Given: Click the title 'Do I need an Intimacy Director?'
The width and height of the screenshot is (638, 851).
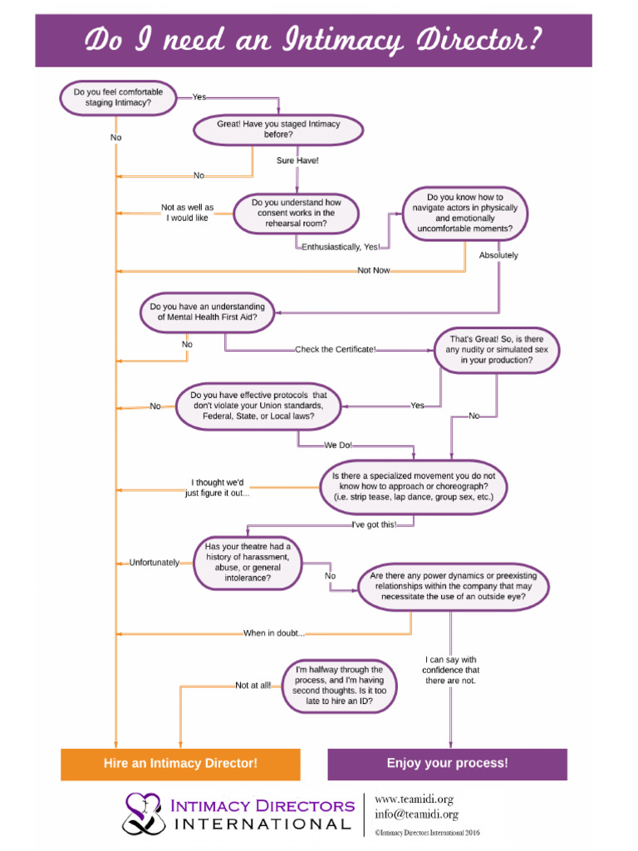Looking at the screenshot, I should pyautogui.click(x=313, y=39).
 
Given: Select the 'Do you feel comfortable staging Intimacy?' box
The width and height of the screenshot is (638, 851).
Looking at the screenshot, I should pyautogui.click(x=118, y=97).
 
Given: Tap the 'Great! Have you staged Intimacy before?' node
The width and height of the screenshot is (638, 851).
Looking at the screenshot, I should pyautogui.click(x=278, y=129).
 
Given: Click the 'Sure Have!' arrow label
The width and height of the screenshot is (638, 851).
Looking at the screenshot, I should pyautogui.click(x=297, y=160).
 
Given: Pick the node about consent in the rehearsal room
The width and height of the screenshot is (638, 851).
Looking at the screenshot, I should pyautogui.click(x=297, y=213).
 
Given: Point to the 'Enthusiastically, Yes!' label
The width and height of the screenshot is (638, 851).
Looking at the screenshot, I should pyautogui.click(x=341, y=247).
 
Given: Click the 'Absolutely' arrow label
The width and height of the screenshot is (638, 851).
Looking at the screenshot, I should pyautogui.click(x=498, y=255).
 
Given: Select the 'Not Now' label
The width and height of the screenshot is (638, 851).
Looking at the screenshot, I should pyautogui.click(x=374, y=270).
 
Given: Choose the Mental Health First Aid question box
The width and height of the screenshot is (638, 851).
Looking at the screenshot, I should pyautogui.click(x=208, y=312).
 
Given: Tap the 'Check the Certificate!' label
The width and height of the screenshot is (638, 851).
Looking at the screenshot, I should pyautogui.click(x=336, y=349).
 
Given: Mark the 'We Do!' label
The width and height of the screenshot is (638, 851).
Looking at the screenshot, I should pyautogui.click(x=338, y=445).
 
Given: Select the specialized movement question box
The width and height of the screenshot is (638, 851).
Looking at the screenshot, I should pyautogui.click(x=414, y=486).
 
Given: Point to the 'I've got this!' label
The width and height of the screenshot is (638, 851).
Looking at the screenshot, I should pyautogui.click(x=375, y=524).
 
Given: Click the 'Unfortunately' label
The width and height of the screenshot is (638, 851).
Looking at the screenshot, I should pyautogui.click(x=155, y=563).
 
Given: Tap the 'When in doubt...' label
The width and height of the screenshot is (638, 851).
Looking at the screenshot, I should pyautogui.click(x=274, y=633).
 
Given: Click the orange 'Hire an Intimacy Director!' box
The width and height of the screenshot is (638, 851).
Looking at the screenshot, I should pyautogui.click(x=180, y=764).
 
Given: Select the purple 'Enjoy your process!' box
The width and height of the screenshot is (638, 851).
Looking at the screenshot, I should pyautogui.click(x=447, y=764).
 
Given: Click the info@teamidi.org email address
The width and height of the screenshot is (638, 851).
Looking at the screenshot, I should pyautogui.click(x=416, y=814).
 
